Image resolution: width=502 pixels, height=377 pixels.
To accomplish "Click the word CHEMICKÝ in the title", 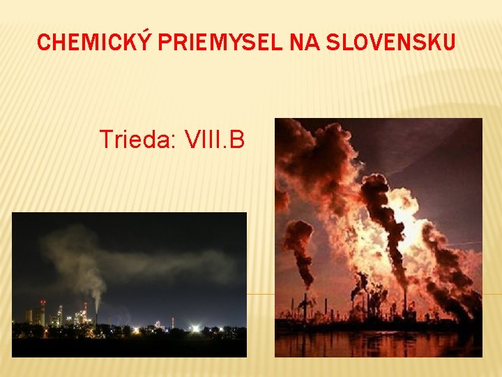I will (x=96, y=43).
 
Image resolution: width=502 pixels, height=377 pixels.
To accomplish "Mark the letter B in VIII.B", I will (x=237, y=140).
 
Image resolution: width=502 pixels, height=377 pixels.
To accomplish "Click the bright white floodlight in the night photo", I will (x=195, y=328).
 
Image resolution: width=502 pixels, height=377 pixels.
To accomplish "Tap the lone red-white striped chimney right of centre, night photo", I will (x=172, y=323).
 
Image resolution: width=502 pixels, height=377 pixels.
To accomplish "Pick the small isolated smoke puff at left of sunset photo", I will (x=298, y=237).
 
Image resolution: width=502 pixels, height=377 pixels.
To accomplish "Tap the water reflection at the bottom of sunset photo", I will (x=376, y=343).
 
